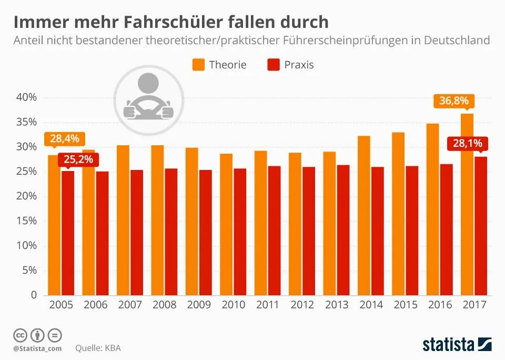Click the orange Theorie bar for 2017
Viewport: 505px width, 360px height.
467,204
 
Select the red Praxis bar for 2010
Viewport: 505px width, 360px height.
240,232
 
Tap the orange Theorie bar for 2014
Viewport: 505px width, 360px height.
364,216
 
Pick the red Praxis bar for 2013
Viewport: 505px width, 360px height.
344,230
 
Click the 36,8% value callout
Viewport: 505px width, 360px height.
454,101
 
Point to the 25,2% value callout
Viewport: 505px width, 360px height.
78,159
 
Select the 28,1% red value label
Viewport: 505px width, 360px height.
467,143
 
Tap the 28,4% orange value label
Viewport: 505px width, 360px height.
64,139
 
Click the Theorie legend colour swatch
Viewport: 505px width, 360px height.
198,64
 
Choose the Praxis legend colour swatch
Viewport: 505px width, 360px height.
274,64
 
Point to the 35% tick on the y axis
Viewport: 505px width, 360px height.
26,122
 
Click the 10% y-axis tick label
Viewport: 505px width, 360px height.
26,246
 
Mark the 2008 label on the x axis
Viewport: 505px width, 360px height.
164,305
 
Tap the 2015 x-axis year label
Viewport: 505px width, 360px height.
406,305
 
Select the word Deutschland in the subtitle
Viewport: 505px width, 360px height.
457,41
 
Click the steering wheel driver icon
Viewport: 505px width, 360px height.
148,99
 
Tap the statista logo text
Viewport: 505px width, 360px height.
448,345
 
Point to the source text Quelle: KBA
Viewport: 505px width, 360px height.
98,348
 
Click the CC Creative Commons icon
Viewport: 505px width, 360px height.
20,336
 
